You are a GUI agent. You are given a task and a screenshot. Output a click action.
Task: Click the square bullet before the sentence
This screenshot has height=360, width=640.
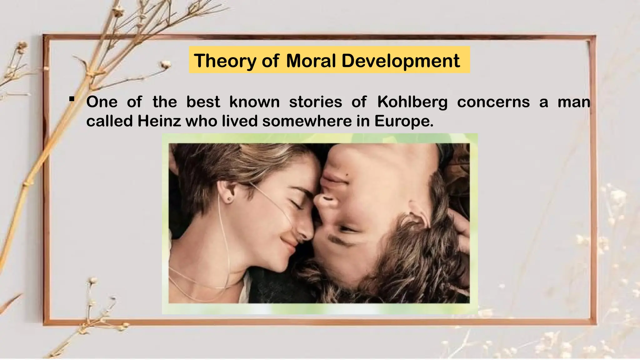pos(72,99)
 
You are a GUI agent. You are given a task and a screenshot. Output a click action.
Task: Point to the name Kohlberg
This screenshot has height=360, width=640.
pos(412,102)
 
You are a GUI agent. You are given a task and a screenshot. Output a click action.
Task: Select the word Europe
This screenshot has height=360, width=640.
pos(404,121)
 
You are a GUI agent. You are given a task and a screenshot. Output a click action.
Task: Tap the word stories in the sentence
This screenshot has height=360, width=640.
pos(316,102)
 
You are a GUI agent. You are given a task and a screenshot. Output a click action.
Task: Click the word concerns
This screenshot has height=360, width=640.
pos(493,102)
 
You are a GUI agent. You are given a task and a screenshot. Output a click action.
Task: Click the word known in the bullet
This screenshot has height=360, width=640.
pos(254,102)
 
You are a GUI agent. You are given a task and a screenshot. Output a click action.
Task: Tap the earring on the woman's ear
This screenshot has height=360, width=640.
pos(229,199)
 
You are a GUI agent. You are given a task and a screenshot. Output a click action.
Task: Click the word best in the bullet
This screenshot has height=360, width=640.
pos(203,102)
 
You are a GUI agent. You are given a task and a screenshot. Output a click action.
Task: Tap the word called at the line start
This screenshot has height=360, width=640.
pos(110,121)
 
